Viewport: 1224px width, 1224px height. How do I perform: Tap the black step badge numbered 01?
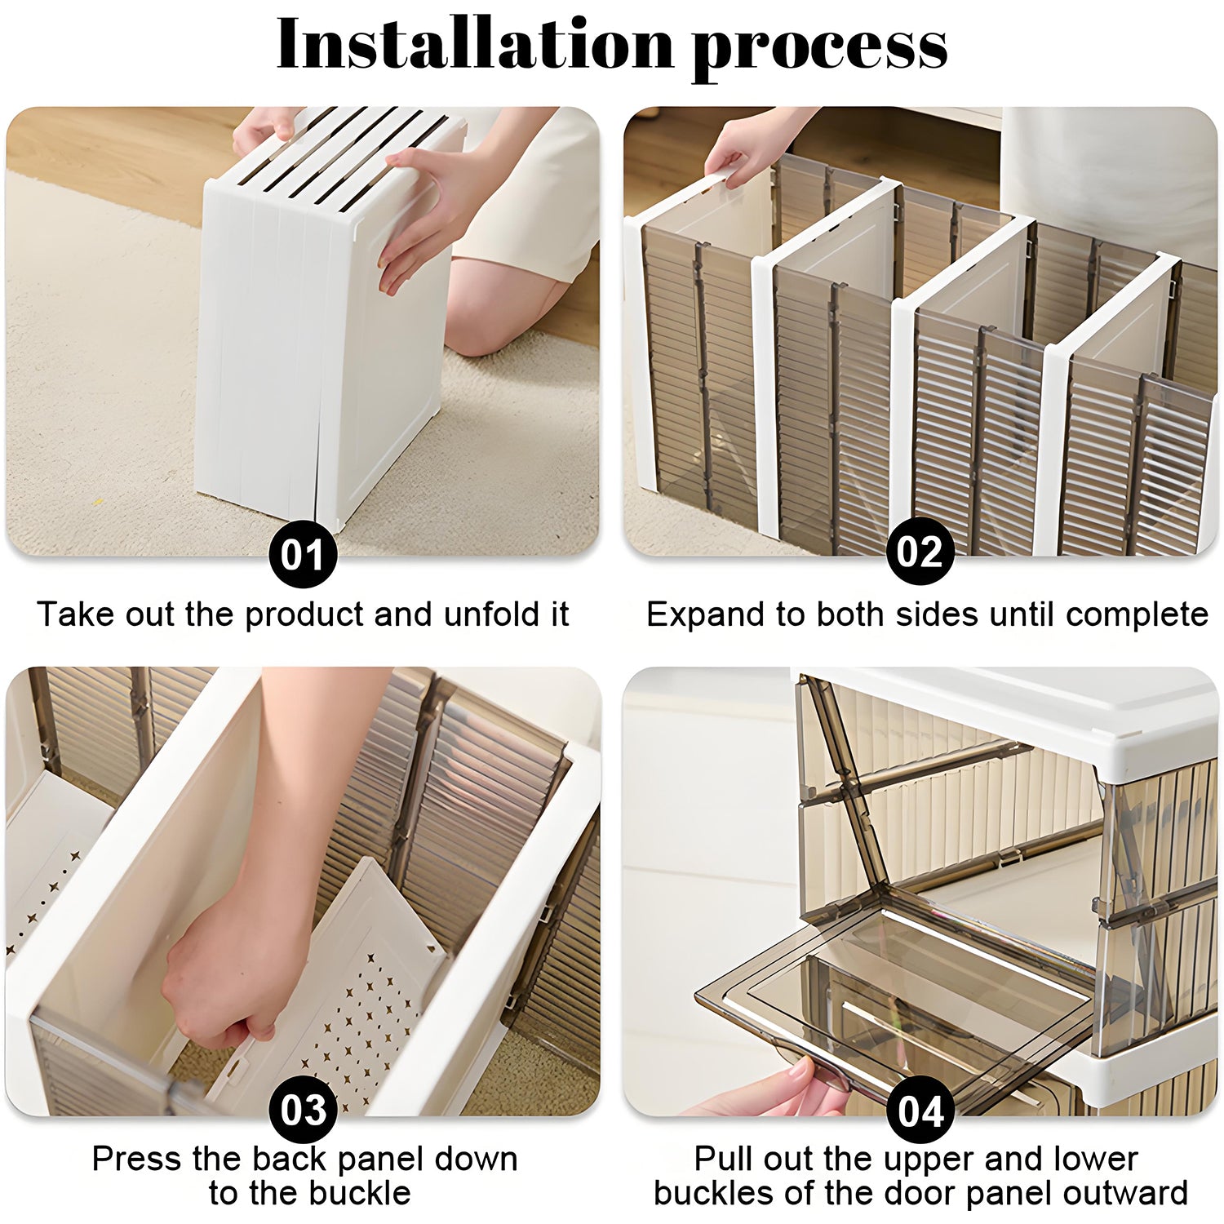click(303, 555)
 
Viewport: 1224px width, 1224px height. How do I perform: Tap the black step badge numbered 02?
click(920, 552)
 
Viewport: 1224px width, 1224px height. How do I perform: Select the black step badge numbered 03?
click(304, 1110)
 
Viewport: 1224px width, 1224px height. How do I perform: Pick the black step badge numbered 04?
click(920, 1111)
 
